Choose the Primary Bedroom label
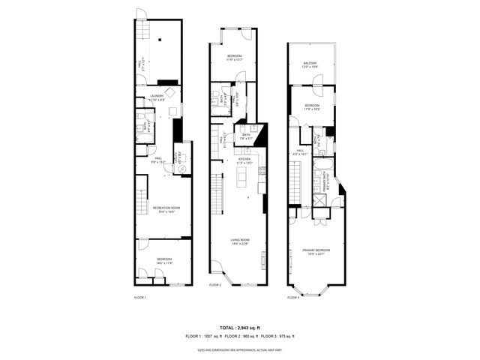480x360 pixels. click(317, 251)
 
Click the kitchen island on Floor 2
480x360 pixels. click(242, 178)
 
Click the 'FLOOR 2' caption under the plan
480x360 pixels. click(215, 285)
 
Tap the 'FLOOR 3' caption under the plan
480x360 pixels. click(293, 298)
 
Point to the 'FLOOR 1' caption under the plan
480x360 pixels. click(139, 298)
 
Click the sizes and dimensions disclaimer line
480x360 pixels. click(240, 349)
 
